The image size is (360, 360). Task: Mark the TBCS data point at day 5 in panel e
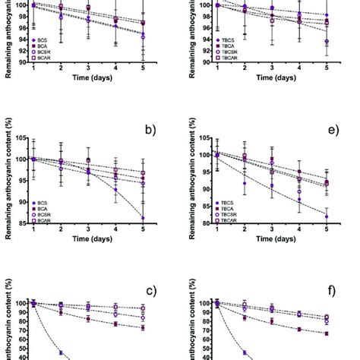[x=327, y=216]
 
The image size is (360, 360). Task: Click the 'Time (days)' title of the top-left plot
[x=88, y=77]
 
